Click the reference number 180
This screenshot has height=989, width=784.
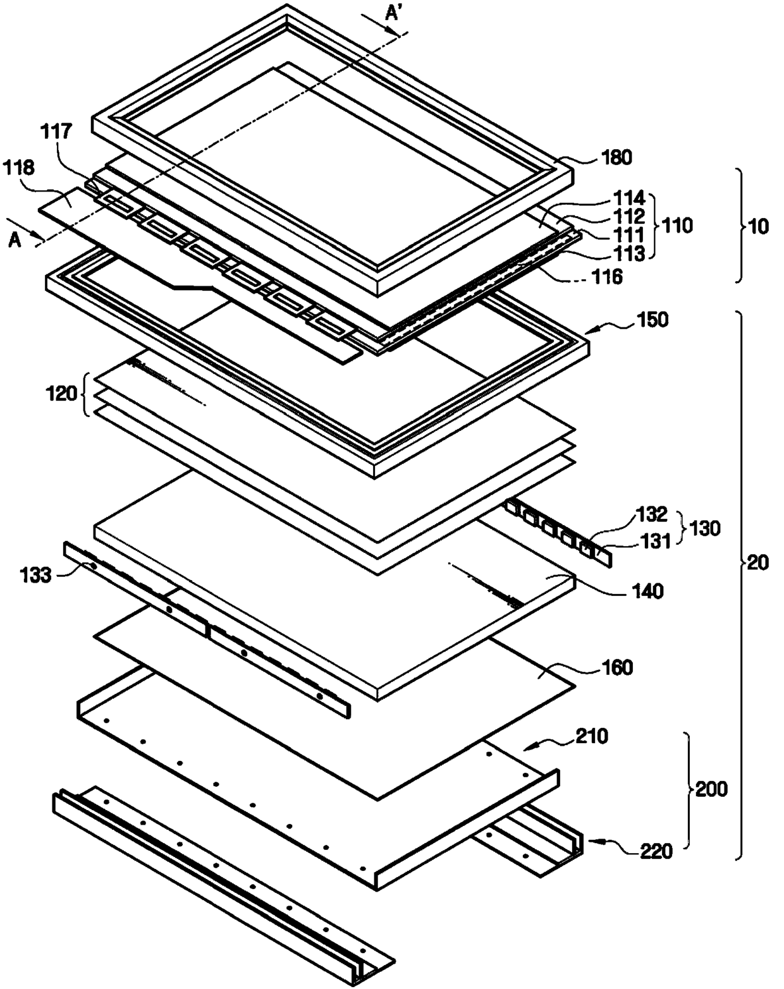[x=617, y=157]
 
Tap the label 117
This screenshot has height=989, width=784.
[x=56, y=132]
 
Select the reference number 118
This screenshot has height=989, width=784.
[x=18, y=167]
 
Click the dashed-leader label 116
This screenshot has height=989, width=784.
[x=607, y=276]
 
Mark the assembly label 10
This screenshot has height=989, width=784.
[x=758, y=226]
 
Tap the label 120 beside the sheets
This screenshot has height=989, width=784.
[x=61, y=394]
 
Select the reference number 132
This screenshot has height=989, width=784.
[x=651, y=514]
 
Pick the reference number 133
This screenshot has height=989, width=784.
[x=35, y=574]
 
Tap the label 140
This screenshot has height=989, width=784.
[x=647, y=591]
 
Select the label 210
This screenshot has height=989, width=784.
[x=592, y=736]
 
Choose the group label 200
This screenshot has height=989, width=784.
[x=711, y=789]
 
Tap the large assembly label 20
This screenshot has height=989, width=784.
[x=758, y=562]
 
